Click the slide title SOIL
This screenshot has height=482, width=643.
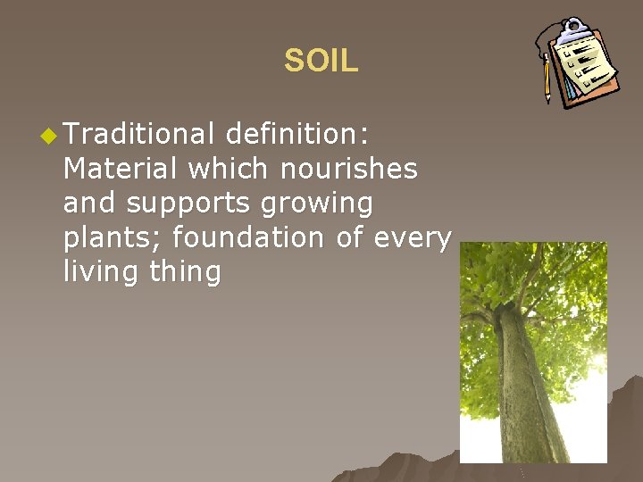[321, 61]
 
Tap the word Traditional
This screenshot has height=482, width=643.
[138, 135]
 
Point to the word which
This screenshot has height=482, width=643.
[232, 169]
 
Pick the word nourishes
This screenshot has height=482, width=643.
[352, 169]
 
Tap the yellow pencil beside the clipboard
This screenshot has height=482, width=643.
[547, 80]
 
